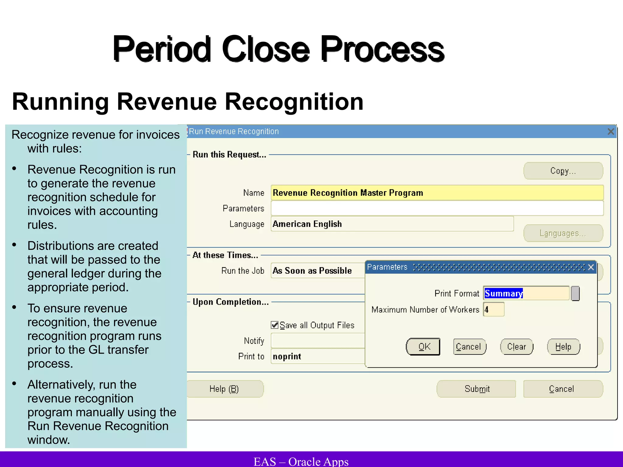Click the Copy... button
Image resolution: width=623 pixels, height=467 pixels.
point(563,171)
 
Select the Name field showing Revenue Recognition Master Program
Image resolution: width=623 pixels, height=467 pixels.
point(437,193)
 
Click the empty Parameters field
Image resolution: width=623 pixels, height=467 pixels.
point(437,209)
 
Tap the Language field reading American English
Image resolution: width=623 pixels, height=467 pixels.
point(392,224)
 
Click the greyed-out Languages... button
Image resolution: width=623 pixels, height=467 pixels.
point(563,233)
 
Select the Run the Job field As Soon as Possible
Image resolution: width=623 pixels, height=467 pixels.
point(318,271)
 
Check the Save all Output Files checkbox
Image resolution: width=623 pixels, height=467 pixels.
point(275,325)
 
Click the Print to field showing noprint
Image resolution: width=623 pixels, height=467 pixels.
point(318,356)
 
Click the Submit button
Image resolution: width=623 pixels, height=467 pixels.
point(476,389)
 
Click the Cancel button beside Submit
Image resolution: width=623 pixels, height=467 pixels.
point(562,389)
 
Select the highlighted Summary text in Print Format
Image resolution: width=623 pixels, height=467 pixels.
point(504,293)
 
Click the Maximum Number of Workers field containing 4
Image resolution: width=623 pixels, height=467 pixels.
point(494,310)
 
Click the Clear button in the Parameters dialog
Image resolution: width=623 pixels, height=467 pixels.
point(517,347)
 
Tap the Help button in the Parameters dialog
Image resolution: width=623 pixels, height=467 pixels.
point(563,347)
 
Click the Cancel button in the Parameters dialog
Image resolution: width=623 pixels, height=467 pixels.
point(469,347)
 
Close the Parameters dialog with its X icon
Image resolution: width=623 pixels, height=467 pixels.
point(591,267)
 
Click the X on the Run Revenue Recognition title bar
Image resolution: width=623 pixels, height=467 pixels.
point(611,132)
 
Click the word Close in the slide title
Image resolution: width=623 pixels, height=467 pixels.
point(266,49)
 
